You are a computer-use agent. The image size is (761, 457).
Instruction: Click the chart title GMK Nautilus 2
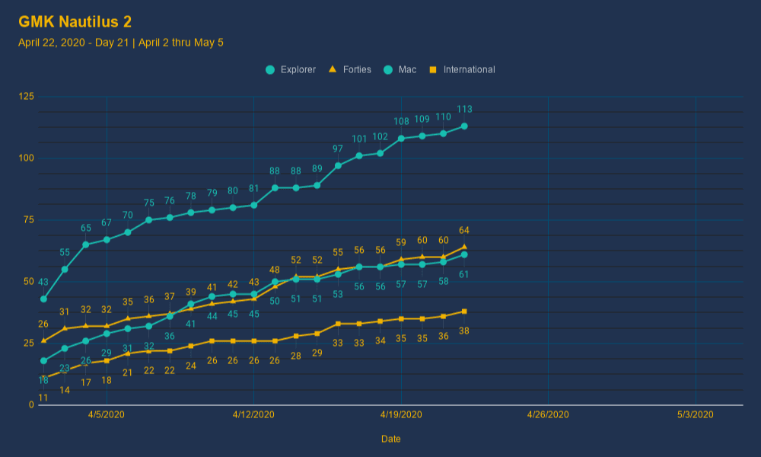(75, 22)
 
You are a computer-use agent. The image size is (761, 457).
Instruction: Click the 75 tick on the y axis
(28, 219)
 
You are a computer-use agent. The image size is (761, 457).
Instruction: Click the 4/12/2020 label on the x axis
(253, 415)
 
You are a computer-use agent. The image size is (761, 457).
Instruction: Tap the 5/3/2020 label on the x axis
(696, 415)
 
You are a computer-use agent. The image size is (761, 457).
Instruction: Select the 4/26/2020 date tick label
(548, 415)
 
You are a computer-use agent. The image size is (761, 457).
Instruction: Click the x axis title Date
(391, 439)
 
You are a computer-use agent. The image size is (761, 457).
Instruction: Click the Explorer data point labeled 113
(464, 126)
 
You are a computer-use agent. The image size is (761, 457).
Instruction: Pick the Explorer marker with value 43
(43, 299)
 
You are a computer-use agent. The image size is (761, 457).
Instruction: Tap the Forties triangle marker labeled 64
(464, 247)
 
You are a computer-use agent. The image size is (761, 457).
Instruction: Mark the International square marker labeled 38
(464, 312)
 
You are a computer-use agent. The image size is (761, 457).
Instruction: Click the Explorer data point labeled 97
(338, 165)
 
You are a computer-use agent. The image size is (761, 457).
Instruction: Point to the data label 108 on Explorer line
(401, 122)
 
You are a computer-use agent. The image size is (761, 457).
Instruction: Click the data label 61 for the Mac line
(464, 274)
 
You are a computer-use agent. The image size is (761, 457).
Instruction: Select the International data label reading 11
(43, 398)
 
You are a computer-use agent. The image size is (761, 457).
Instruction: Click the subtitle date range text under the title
(121, 43)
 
